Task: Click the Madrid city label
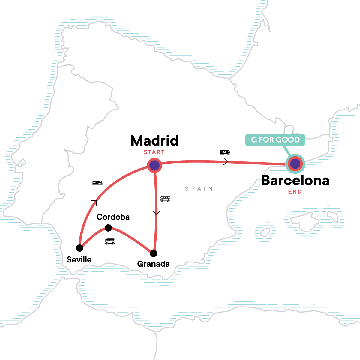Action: (154, 141)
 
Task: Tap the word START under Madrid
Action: (154, 152)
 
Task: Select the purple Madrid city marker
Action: (154, 165)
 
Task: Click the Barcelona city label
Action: (295, 181)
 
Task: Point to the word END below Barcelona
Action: (295, 192)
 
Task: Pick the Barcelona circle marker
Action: (295, 164)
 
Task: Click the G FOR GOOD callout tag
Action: (275, 140)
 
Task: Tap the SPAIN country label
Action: (199, 189)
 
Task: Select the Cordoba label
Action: (113, 217)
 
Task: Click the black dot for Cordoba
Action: (108, 228)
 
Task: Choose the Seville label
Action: (79, 259)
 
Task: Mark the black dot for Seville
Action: (80, 248)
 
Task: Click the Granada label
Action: (153, 264)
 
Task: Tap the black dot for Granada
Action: (154, 253)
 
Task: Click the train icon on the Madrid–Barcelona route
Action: (225, 153)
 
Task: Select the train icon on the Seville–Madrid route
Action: (97, 183)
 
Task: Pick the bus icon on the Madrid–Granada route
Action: (165, 199)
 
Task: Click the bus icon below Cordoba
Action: (110, 241)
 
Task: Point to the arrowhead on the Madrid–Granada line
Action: (156, 213)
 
